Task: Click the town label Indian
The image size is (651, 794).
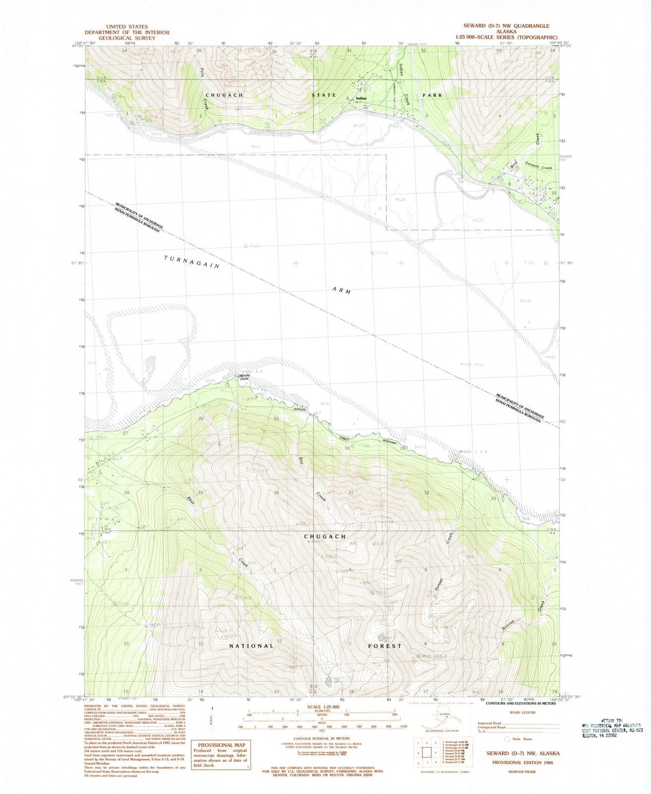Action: [361, 98]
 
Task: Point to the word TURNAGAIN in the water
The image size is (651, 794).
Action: [192, 262]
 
